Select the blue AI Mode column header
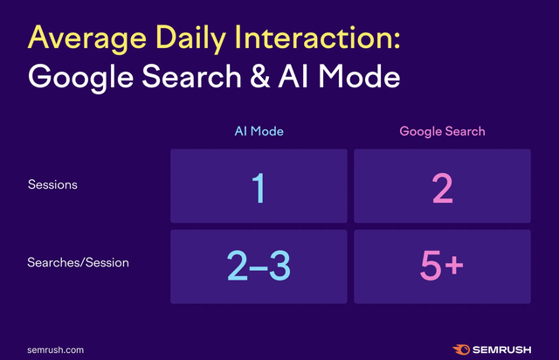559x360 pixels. pos(259,132)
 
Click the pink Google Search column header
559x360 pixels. pos(442,132)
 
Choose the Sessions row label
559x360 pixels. pos(52,185)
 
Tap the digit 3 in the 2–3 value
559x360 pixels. pos(280,266)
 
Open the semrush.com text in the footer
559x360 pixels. pos(55,349)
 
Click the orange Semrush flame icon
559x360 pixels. pos(459,348)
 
